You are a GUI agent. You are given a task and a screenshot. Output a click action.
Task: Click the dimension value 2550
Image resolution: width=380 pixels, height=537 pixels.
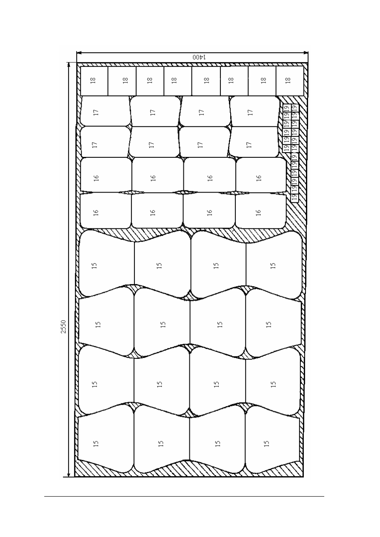point(63,327)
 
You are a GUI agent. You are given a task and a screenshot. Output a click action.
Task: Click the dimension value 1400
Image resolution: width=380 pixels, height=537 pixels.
point(199,57)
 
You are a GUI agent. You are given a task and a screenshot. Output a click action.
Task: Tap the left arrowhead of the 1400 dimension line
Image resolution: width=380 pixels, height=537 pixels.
point(79,53)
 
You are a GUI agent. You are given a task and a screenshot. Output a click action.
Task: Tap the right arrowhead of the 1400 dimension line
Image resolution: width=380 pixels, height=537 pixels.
point(306,53)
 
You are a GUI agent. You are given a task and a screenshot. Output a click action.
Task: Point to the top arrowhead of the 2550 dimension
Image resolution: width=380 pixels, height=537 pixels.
point(69,65)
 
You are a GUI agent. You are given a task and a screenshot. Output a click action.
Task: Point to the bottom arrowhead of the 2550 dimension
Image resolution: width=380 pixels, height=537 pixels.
point(69,474)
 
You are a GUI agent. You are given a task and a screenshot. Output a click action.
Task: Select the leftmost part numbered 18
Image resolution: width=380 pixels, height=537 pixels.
point(94,81)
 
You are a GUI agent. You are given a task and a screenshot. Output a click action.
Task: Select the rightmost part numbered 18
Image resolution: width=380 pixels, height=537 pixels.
point(290,81)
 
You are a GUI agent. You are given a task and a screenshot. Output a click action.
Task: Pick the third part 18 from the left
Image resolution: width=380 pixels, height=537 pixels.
point(150,81)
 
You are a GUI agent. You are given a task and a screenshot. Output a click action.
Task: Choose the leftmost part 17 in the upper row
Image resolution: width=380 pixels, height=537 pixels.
point(105,111)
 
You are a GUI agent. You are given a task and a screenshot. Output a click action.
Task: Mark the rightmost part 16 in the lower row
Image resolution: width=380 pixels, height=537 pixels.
point(261,210)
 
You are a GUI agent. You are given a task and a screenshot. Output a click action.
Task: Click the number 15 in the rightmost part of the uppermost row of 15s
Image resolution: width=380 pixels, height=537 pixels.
point(273,265)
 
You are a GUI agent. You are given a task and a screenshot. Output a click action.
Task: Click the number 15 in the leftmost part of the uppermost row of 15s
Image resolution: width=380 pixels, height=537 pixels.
point(94,265)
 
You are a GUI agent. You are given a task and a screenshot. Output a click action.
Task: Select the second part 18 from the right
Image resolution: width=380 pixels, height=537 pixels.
point(262,81)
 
